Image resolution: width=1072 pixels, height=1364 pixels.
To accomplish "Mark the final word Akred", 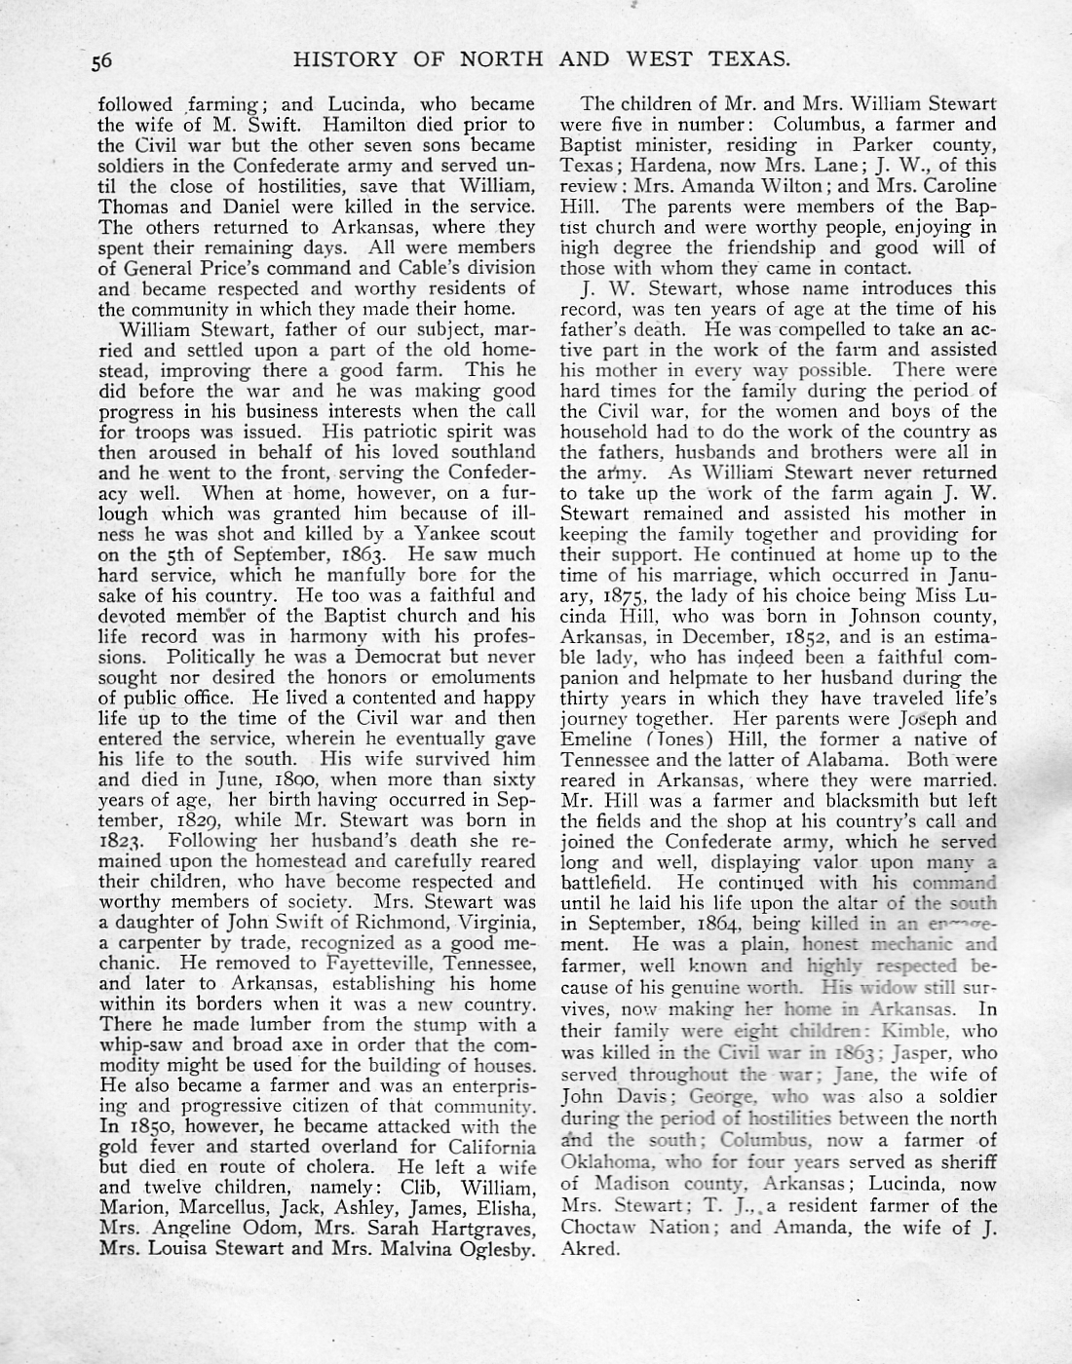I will tap(592, 1250).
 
